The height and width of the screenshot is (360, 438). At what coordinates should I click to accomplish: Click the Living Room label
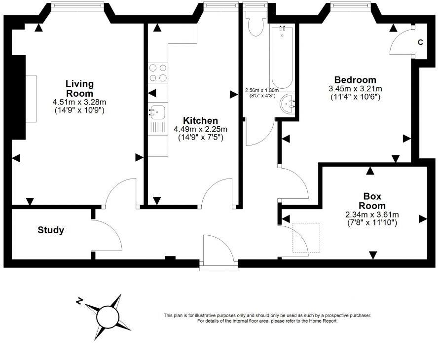(x=79, y=88)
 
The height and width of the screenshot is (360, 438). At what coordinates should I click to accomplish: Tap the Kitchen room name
(x=200, y=121)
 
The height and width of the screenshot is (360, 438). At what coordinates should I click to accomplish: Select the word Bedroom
(x=355, y=80)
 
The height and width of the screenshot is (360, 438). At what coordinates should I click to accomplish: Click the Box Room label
(x=372, y=201)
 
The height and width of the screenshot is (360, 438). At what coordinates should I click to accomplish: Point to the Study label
(x=51, y=230)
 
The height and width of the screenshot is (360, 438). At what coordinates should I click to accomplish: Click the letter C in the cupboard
(x=420, y=42)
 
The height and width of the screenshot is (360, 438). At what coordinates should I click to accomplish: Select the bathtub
(x=282, y=56)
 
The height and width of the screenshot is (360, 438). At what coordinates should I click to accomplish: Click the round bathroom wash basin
(x=288, y=104)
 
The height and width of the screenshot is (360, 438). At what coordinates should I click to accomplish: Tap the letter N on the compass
(x=79, y=301)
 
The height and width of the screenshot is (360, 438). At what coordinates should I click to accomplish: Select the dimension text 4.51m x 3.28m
(x=79, y=102)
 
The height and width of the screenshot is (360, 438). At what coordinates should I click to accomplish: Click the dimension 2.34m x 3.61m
(x=372, y=215)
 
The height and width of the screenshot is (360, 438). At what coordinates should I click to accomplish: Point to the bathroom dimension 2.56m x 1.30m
(x=262, y=91)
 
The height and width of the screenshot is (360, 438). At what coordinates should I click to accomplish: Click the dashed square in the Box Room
(x=306, y=238)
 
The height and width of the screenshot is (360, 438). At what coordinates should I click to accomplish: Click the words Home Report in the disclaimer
(x=324, y=321)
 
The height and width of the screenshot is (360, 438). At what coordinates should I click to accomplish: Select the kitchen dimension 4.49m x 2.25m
(x=200, y=130)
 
